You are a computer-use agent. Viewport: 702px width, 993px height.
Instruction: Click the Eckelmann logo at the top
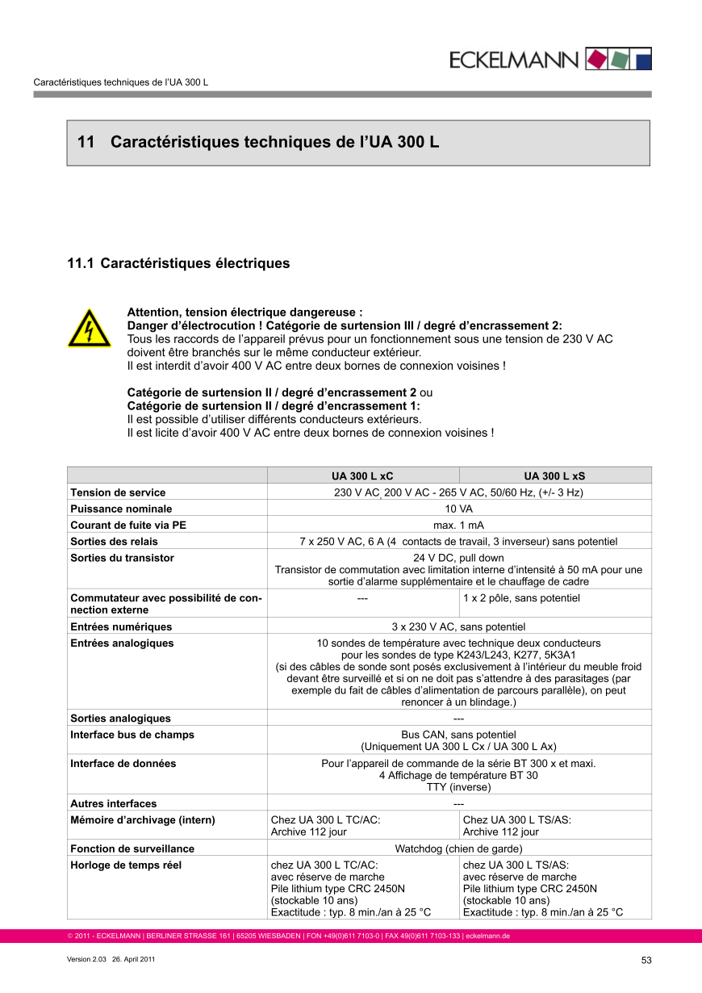tap(551, 59)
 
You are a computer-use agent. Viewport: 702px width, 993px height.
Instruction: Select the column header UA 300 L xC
tap(363, 476)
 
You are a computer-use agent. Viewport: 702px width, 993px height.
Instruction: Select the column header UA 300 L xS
tap(555, 476)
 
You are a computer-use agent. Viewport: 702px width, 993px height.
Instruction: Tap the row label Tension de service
tap(118, 492)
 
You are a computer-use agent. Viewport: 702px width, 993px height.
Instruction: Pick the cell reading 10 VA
tap(458, 509)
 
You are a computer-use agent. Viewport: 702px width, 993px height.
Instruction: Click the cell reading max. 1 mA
tap(458, 525)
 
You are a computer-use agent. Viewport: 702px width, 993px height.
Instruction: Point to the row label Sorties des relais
tap(115, 541)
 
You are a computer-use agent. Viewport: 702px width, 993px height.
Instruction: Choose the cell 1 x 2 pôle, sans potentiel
tap(521, 598)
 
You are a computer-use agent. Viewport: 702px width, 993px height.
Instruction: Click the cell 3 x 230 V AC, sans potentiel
tap(458, 626)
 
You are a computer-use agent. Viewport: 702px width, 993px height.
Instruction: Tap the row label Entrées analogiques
tap(122, 643)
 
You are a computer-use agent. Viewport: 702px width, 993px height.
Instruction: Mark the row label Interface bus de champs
tap(132, 735)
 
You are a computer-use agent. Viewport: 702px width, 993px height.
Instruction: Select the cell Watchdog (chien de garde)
tap(458, 848)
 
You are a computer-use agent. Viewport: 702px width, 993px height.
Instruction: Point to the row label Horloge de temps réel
tap(126, 865)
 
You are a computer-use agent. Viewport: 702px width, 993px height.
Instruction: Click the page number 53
tap(646, 960)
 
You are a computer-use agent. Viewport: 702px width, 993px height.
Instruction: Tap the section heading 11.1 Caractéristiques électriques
tap(178, 263)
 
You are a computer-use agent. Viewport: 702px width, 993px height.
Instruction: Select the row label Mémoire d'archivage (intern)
tap(143, 819)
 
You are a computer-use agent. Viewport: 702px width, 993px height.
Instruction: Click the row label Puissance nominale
tap(121, 509)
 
